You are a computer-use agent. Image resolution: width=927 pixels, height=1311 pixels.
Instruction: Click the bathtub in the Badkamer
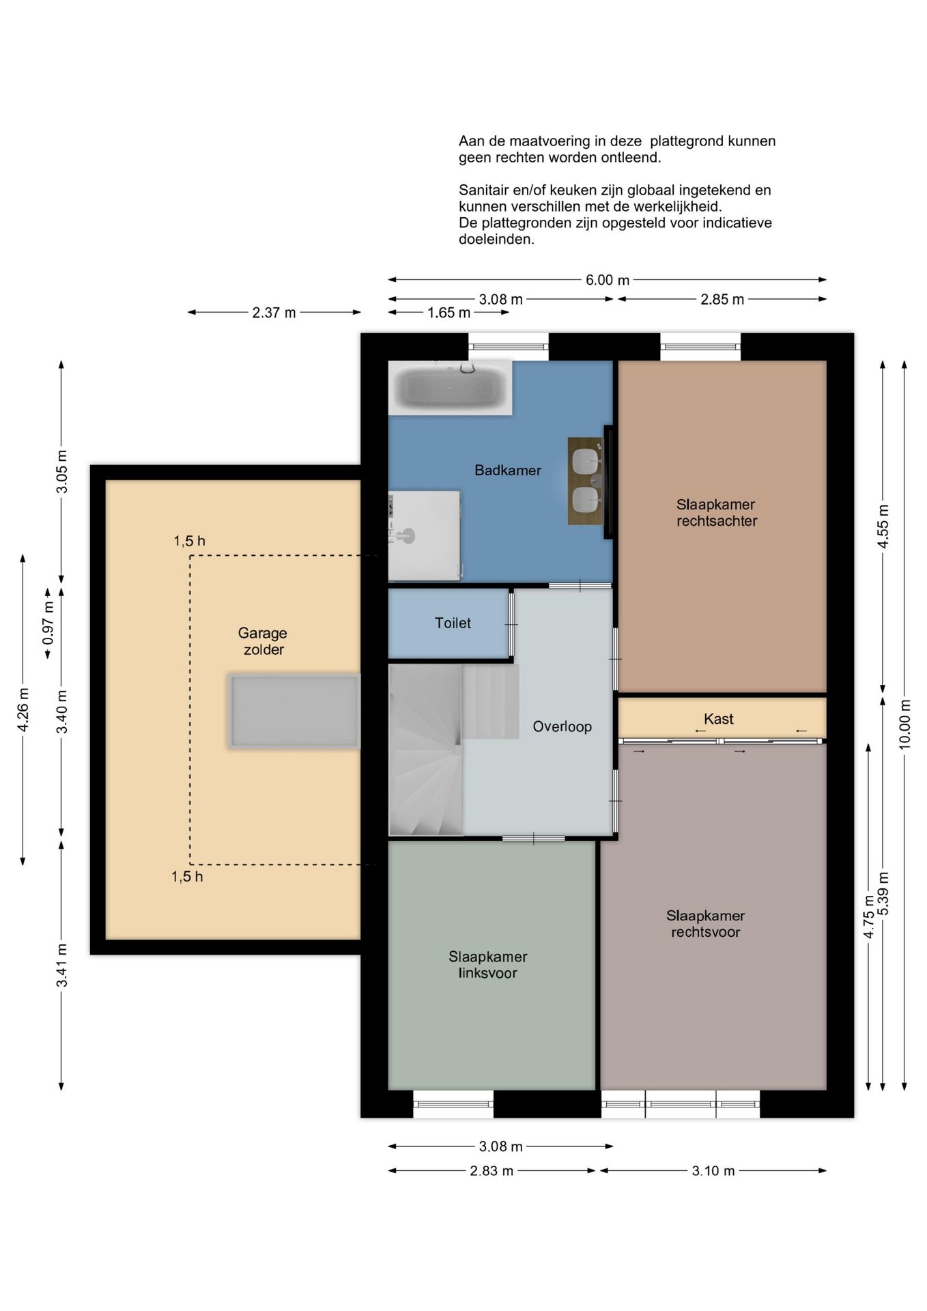click(450, 387)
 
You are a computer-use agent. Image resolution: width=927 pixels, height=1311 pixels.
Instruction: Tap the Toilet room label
click(453, 623)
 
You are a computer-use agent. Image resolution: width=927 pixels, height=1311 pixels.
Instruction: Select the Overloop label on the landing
click(562, 727)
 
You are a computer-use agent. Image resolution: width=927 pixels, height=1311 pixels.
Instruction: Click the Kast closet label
click(718, 718)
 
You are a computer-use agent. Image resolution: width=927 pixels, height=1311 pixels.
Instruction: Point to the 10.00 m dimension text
click(904, 724)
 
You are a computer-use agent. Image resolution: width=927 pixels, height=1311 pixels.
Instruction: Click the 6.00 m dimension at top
click(608, 280)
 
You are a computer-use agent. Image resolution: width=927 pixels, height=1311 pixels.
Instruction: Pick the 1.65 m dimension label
click(448, 313)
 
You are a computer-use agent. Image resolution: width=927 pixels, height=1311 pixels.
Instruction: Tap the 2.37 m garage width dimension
click(274, 313)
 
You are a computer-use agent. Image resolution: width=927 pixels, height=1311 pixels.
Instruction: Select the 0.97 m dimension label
click(48, 622)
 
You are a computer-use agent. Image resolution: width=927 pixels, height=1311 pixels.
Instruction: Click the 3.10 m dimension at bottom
click(713, 1170)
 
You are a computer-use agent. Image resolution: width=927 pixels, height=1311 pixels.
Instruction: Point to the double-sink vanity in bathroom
click(586, 481)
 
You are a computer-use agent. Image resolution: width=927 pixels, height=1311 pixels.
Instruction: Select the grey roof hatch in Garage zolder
click(294, 711)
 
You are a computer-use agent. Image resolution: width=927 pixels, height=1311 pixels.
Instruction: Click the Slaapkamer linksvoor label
click(487, 965)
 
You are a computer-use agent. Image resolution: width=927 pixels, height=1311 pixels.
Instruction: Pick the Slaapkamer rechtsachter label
click(716, 513)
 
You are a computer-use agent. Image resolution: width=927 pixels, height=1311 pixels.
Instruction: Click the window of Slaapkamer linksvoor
click(453, 1103)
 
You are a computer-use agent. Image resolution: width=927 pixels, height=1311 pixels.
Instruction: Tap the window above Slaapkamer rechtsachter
click(700, 347)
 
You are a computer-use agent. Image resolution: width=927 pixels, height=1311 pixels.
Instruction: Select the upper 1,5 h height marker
click(189, 541)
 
